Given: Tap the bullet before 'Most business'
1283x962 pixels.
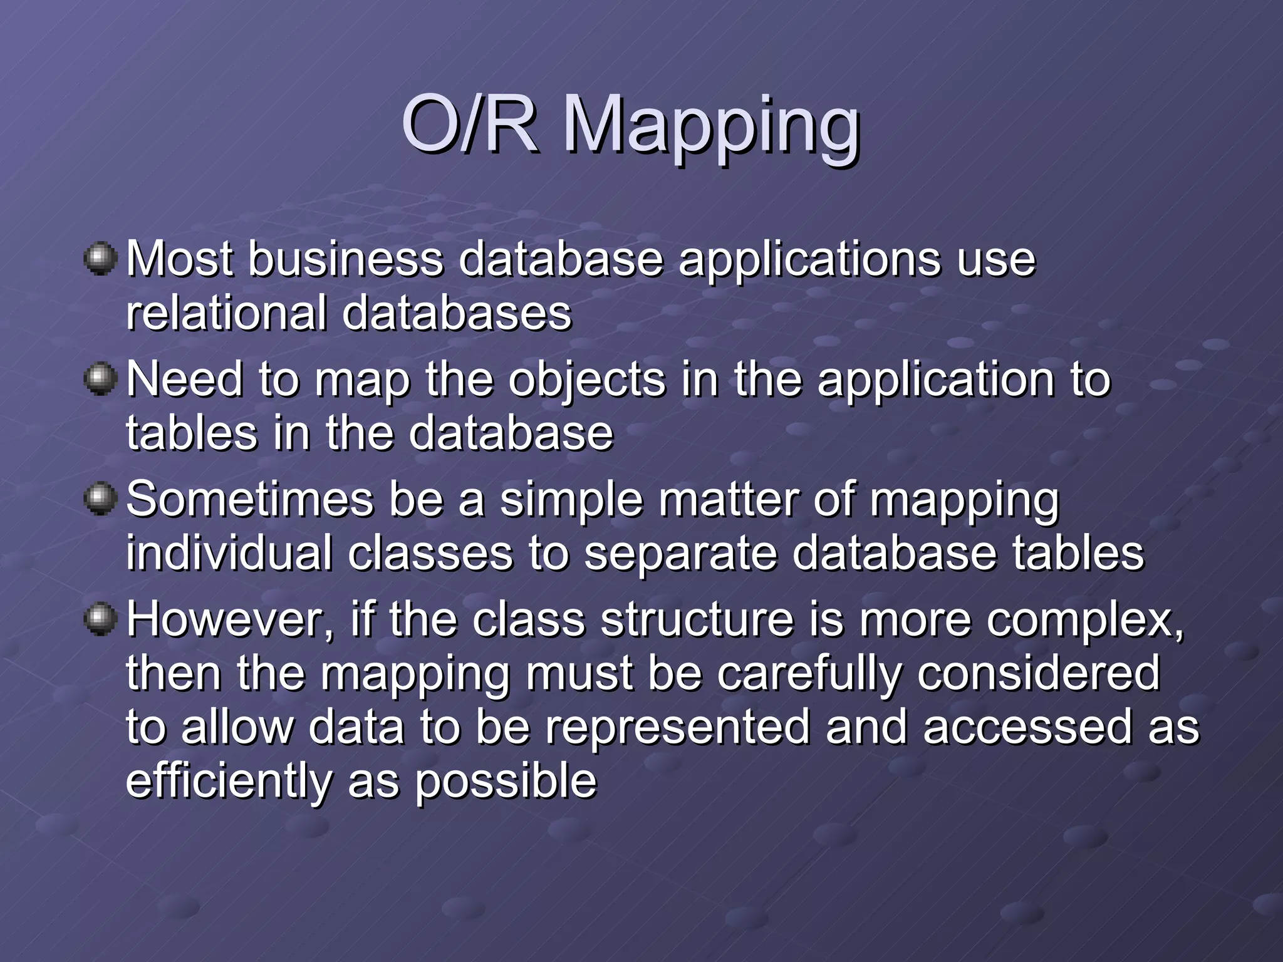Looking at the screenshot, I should point(100,259).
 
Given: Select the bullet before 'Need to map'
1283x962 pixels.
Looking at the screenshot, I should point(100,379).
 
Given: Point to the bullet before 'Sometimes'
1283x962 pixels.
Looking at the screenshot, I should point(100,499).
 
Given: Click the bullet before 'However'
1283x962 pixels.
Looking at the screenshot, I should point(100,619).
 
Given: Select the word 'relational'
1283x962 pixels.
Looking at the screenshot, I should point(226,313).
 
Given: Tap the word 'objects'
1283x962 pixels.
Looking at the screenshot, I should point(586,381).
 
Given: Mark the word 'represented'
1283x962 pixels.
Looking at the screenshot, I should point(677,728).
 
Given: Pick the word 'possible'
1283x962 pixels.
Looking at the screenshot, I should point(506,782).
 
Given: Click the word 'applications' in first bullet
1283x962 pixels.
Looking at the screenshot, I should point(810,261).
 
